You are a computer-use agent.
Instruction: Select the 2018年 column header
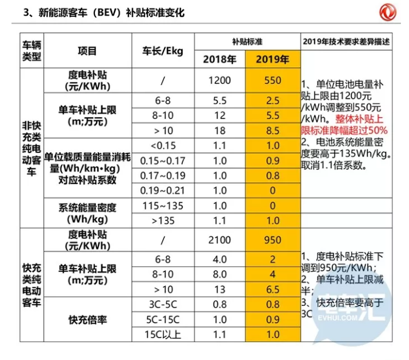click(219, 59)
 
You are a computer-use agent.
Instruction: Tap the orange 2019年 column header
click(272, 59)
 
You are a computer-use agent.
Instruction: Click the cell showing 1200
click(219, 81)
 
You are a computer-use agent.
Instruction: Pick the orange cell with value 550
click(272, 81)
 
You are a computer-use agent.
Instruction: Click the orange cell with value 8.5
click(272, 131)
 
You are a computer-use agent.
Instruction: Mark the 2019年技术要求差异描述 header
click(345, 42)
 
